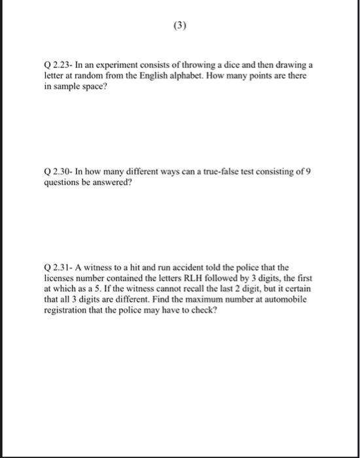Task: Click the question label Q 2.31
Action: (56, 267)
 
